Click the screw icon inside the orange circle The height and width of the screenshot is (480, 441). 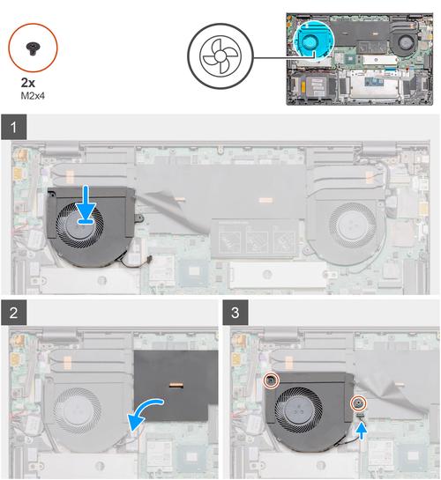click(32, 48)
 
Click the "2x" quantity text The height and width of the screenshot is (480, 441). click(28, 83)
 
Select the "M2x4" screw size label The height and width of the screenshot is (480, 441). click(33, 96)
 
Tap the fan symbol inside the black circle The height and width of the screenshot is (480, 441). click(220, 56)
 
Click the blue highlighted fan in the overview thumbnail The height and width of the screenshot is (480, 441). click(313, 40)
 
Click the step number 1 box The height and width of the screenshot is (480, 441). click(14, 127)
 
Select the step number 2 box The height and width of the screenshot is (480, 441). click(14, 313)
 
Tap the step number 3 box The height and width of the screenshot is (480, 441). click(235, 313)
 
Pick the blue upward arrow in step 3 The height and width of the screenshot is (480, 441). click(363, 432)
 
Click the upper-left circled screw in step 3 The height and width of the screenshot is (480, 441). click(272, 380)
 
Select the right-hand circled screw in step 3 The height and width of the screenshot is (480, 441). click(358, 403)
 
